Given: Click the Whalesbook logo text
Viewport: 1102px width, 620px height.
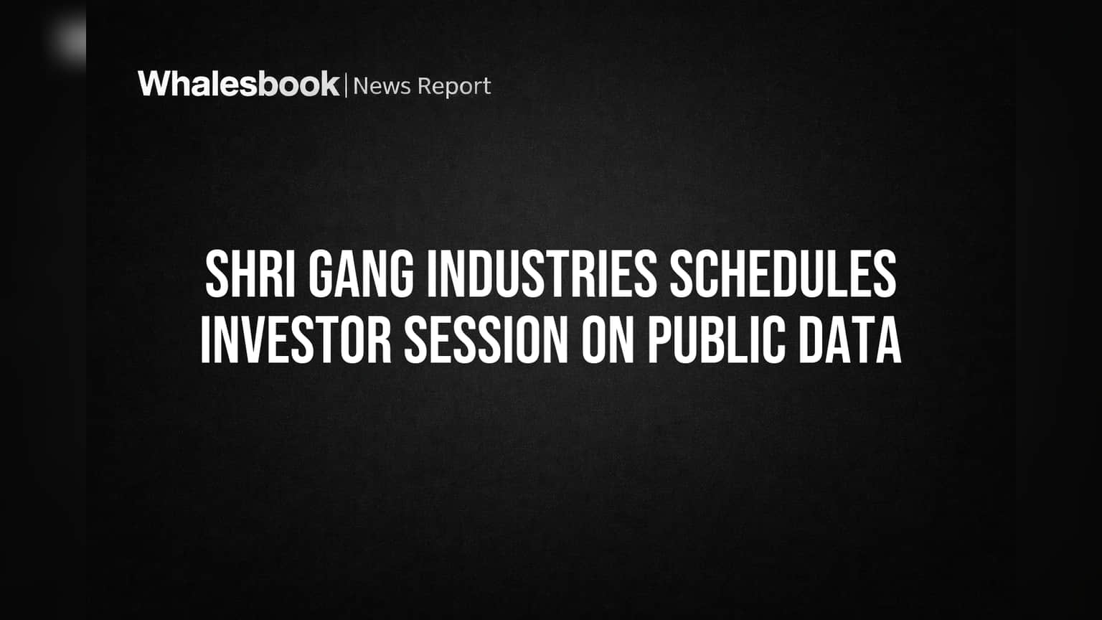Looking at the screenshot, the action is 239,84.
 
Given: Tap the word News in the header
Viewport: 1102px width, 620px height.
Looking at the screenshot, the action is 382,86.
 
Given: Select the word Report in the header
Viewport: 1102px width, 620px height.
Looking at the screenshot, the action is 454,87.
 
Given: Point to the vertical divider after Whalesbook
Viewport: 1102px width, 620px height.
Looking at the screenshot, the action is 347,85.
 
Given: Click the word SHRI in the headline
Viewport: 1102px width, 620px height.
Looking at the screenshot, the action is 250,274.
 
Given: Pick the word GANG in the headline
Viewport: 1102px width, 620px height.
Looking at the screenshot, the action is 361,274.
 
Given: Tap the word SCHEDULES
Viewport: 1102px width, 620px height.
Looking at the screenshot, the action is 783,274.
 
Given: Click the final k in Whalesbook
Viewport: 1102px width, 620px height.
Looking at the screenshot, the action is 329,83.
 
